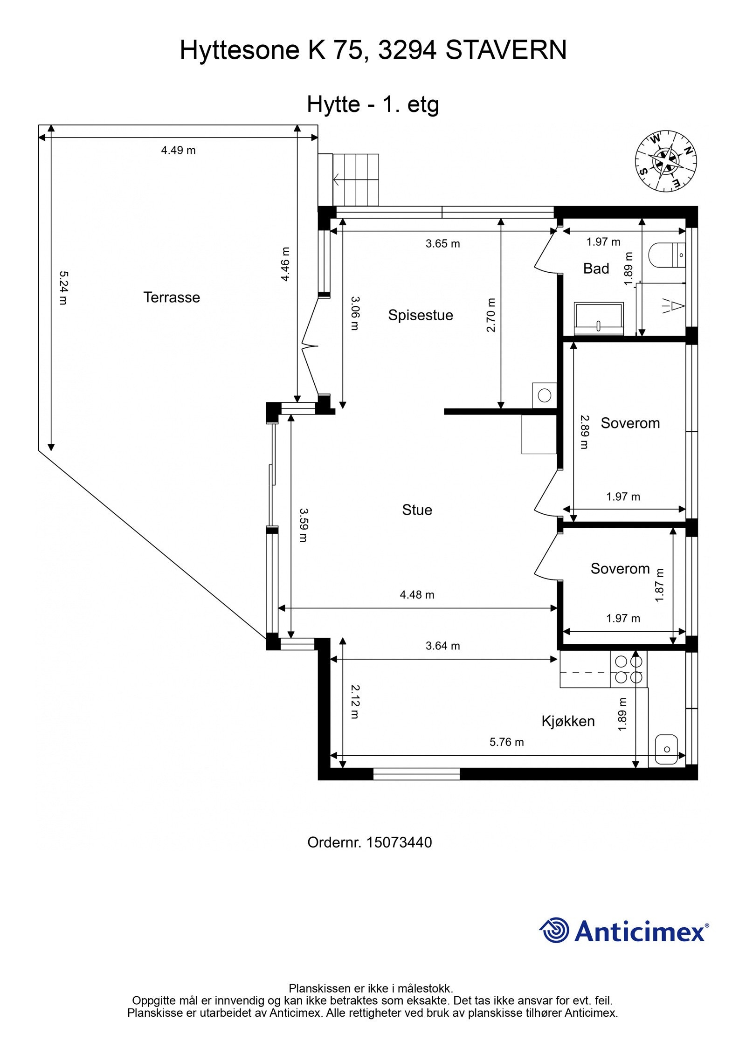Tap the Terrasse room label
click(172, 297)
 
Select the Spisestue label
click(421, 315)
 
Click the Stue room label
click(417, 510)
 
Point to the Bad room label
click(596, 269)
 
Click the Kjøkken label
click(568, 721)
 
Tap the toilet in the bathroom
click(666, 255)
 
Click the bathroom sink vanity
click(599, 318)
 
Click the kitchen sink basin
click(666, 749)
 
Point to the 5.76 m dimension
click(506, 742)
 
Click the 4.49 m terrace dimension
click(178, 151)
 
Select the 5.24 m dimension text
click(62, 288)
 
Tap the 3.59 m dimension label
click(304, 525)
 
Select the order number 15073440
click(399, 842)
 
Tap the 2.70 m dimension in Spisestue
click(491, 315)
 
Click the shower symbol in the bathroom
click(672, 306)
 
